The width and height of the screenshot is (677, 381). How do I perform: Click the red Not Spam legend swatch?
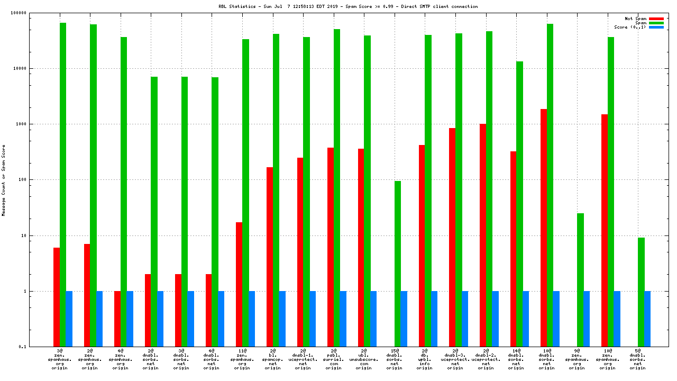[x=656, y=19]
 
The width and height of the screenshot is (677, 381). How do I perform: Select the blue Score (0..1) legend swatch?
[x=656, y=27]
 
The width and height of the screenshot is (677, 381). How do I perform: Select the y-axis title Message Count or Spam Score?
[x=4, y=180]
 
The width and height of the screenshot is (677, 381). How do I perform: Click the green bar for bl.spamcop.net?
[x=276, y=190]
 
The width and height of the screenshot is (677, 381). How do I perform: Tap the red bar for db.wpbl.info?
[x=422, y=246]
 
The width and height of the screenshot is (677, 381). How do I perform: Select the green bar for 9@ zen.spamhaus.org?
[x=580, y=280]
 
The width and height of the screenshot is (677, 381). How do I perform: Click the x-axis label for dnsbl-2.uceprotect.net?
[x=486, y=359]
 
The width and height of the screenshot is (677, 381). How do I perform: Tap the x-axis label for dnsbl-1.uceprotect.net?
[x=303, y=359]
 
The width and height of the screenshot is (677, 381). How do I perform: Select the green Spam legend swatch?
[x=656, y=23]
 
